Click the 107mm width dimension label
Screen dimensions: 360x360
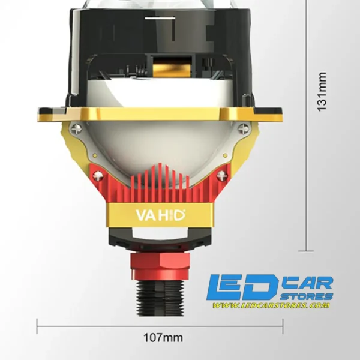pyautogui.click(x=163, y=337)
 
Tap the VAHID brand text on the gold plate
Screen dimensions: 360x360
pyautogui.click(x=160, y=214)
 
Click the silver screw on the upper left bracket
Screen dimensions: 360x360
pyautogui.click(x=74, y=127)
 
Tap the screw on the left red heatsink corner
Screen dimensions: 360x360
pyautogui.click(x=98, y=175)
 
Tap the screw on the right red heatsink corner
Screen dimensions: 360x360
pyautogui.click(x=221, y=175)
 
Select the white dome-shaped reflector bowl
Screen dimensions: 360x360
pyautogui.click(x=159, y=144)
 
